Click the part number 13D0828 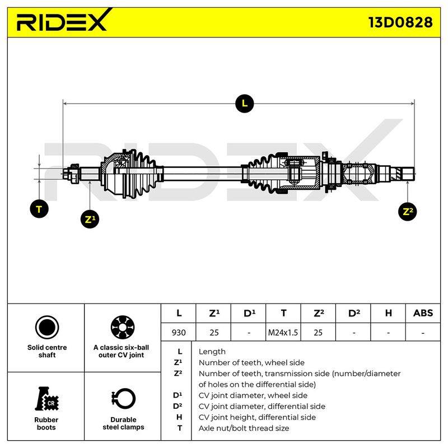[400, 22]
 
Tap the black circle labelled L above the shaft [245, 104]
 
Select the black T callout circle [39, 209]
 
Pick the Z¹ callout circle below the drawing [90, 219]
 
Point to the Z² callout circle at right [408, 212]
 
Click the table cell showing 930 [179, 332]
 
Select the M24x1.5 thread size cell [283, 332]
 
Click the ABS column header [423, 313]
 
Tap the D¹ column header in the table [249, 314]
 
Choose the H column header [388, 313]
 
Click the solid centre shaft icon [47, 327]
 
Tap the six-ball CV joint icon [123, 327]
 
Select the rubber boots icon [46, 399]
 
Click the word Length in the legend [212, 352]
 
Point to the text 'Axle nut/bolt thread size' [244, 428]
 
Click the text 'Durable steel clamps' [123, 423]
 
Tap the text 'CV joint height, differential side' [257, 417]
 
